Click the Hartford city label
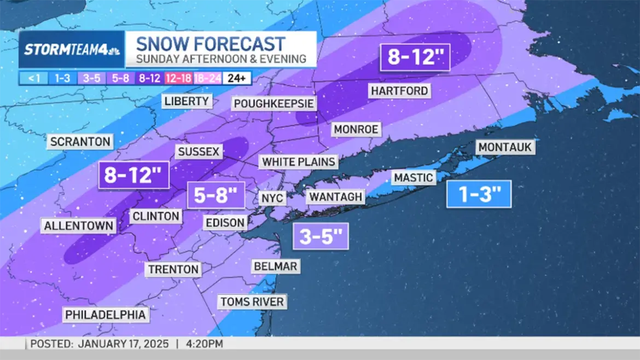click(399, 90)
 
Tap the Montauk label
click(505, 147)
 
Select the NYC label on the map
click(272, 198)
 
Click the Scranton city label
click(80, 142)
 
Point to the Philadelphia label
click(106, 315)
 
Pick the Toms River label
click(252, 301)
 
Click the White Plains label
click(298, 162)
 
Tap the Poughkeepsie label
click(274, 104)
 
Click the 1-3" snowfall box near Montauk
click(479, 194)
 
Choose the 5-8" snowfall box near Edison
click(216, 195)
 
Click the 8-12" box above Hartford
click(416, 57)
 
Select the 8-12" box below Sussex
click(134, 175)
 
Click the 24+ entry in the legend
click(236, 78)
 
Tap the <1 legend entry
click(34, 78)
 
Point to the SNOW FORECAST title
click(211, 44)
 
